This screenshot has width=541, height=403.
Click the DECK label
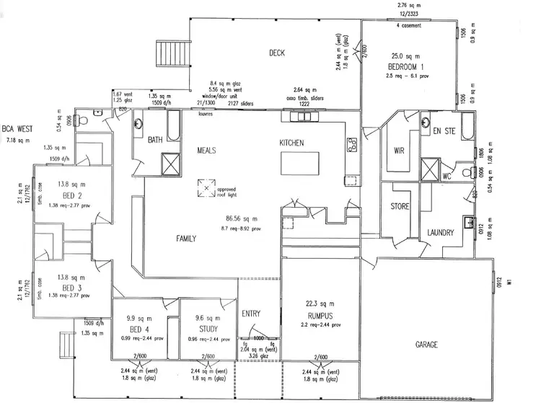click(x=278, y=53)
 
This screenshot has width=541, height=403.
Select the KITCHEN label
click(x=291, y=143)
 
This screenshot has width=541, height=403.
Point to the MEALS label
click(x=208, y=151)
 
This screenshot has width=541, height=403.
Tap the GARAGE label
click(x=426, y=345)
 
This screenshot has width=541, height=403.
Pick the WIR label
click(x=398, y=151)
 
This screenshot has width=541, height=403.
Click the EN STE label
click(x=441, y=131)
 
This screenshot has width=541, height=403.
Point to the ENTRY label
click(x=252, y=314)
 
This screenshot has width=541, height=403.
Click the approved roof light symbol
click(x=206, y=189)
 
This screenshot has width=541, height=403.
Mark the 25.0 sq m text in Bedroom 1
click(x=400, y=56)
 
